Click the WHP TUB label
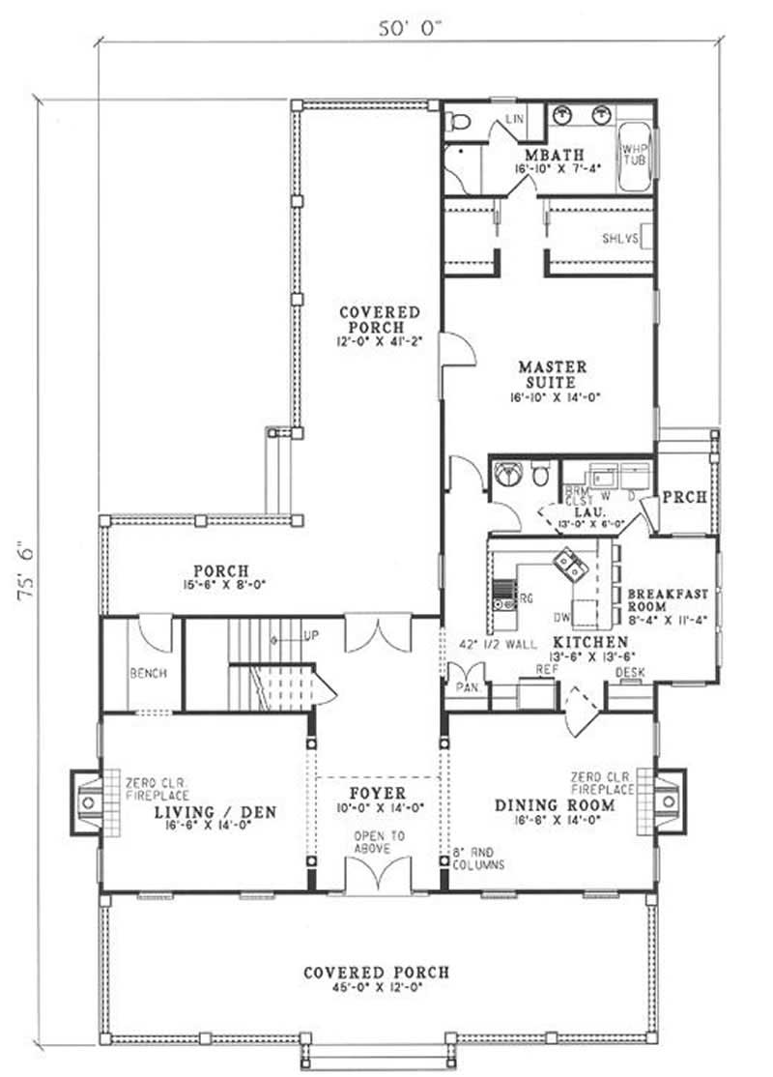tap(634, 154)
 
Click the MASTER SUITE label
tap(553, 374)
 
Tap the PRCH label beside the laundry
tap(690, 498)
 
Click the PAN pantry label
tap(463, 686)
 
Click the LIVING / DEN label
tap(215, 812)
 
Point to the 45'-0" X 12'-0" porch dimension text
tap(376, 987)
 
